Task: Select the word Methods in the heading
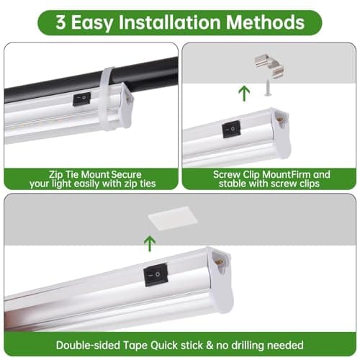pos(272,22)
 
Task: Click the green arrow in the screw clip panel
pos(244,92)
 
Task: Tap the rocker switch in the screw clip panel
pos(231,130)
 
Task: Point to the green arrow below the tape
pos(149,243)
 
